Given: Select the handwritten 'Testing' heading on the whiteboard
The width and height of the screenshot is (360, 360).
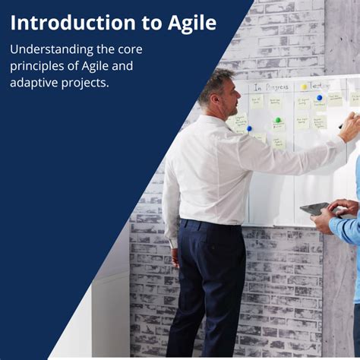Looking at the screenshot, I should pyautogui.click(x=319, y=85).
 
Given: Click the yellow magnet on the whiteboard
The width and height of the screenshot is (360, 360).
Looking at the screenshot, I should pyautogui.click(x=305, y=87).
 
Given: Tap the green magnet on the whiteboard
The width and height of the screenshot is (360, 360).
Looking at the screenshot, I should pyautogui.click(x=278, y=120).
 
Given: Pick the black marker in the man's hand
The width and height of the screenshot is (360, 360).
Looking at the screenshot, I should pyautogui.click(x=343, y=121).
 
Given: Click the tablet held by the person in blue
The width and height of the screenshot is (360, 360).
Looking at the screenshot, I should pyautogui.click(x=314, y=208).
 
